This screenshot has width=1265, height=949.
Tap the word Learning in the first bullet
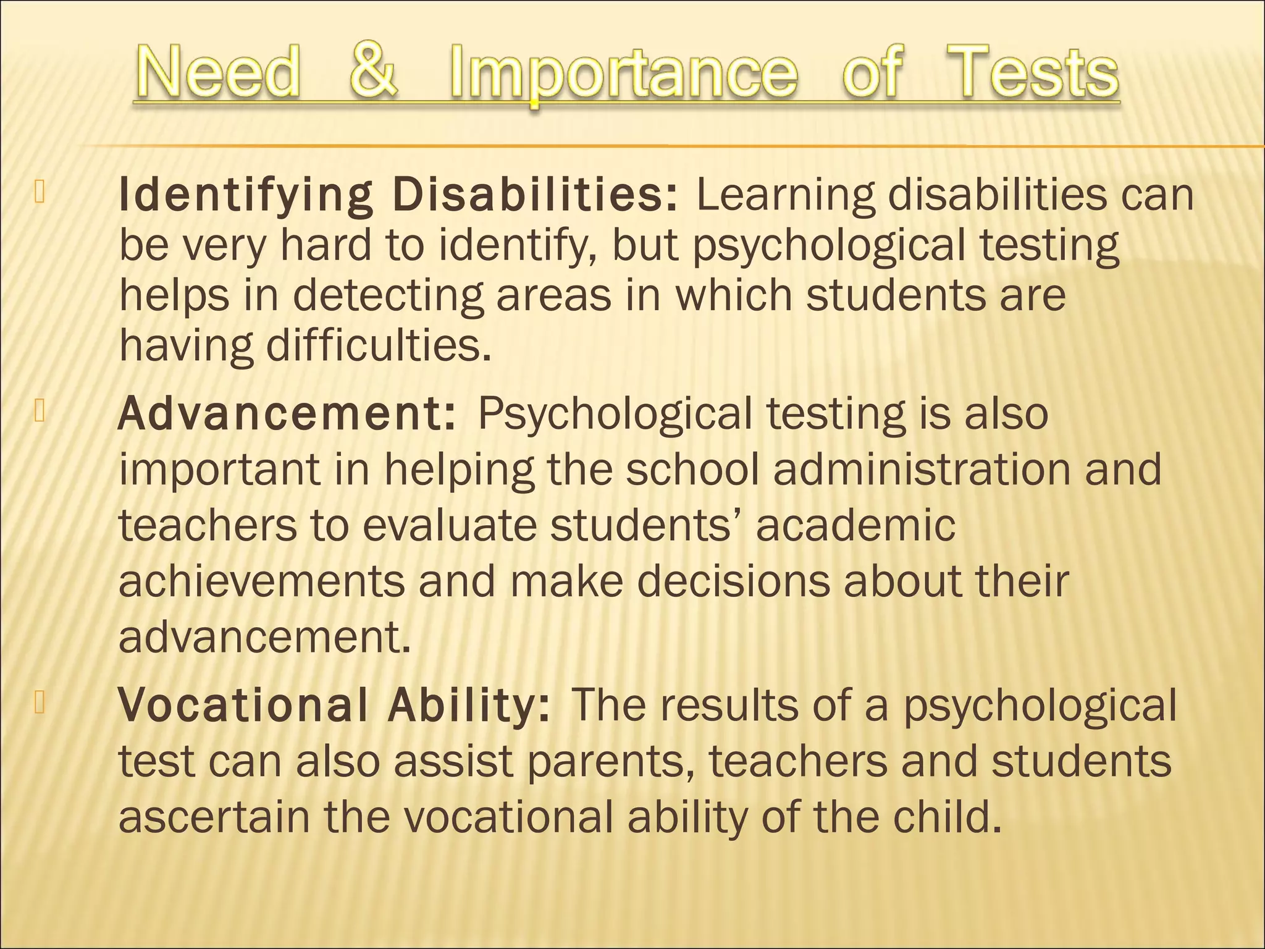point(785,196)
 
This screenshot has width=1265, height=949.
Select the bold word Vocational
point(244,705)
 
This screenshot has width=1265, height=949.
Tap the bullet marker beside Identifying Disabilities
point(40,193)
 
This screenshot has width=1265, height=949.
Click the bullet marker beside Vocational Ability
point(40,704)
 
